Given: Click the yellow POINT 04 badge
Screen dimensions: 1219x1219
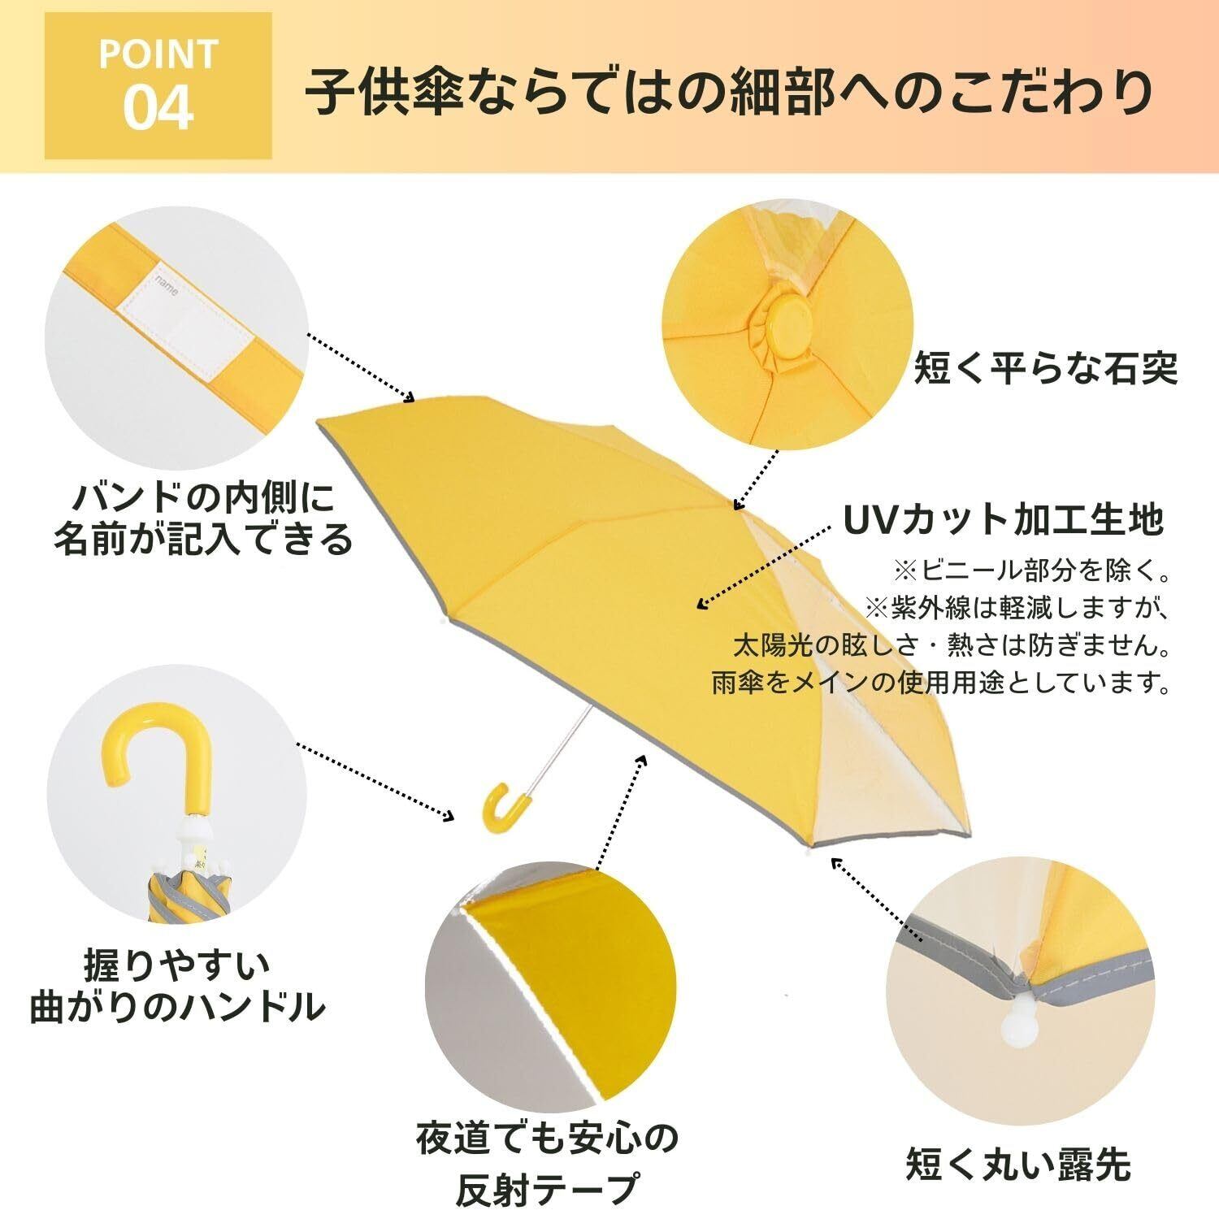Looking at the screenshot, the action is click(x=158, y=86).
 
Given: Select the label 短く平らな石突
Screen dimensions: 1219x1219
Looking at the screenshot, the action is click(x=1046, y=368).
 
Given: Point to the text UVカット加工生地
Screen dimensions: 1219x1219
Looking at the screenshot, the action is click(x=1004, y=520).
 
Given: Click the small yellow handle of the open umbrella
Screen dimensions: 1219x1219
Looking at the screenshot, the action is click(x=497, y=805).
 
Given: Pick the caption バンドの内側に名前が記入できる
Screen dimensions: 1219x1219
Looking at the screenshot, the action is click(x=203, y=518).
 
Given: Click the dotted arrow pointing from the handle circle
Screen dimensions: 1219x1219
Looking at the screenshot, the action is click(x=374, y=780).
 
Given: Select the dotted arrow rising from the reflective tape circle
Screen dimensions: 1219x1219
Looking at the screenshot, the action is click(x=619, y=813).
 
